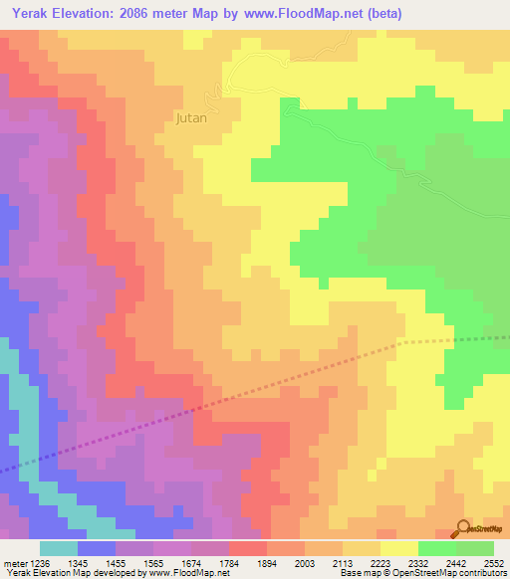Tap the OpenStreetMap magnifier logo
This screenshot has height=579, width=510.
(x=463, y=528)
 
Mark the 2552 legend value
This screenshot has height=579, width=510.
(x=494, y=563)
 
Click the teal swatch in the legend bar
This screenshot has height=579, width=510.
(x=59, y=548)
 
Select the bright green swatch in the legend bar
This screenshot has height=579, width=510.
(x=437, y=548)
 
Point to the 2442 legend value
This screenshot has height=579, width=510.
(x=455, y=563)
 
